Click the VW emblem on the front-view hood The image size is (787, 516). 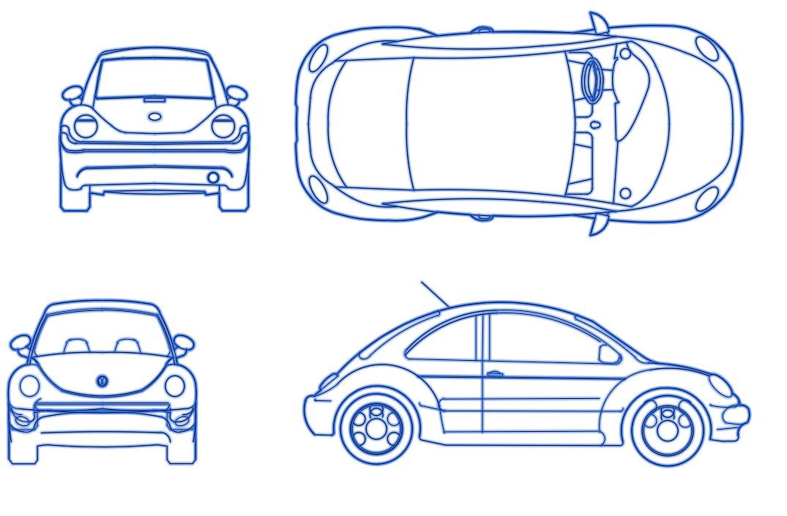pos(102,381)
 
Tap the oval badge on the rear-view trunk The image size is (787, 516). pos(154,116)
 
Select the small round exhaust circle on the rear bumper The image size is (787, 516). pos(213,178)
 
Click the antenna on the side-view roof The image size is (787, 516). pos(435,293)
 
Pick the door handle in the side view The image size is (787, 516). pos(495,374)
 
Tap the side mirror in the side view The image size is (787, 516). pos(608,354)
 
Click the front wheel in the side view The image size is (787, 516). pos(668,428)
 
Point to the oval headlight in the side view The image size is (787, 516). pos(720,386)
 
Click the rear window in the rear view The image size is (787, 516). pos(154,78)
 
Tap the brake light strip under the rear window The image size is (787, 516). pos(154,99)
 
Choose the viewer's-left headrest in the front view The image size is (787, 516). pos(77,345)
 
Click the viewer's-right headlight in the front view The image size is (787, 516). pos(175,386)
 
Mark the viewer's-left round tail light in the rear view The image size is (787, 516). pos(86,126)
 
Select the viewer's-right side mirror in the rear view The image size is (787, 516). pos(236,94)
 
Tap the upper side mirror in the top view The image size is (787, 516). pos(599,23)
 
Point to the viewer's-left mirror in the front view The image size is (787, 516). pos(20,342)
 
